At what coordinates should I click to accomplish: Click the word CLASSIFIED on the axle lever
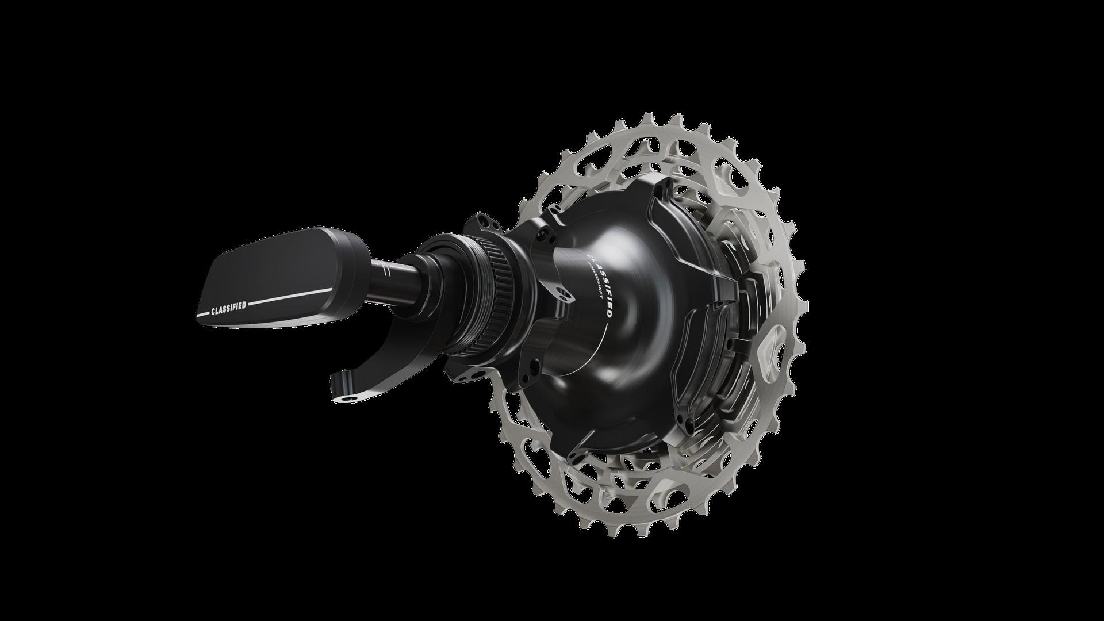tap(228, 308)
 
